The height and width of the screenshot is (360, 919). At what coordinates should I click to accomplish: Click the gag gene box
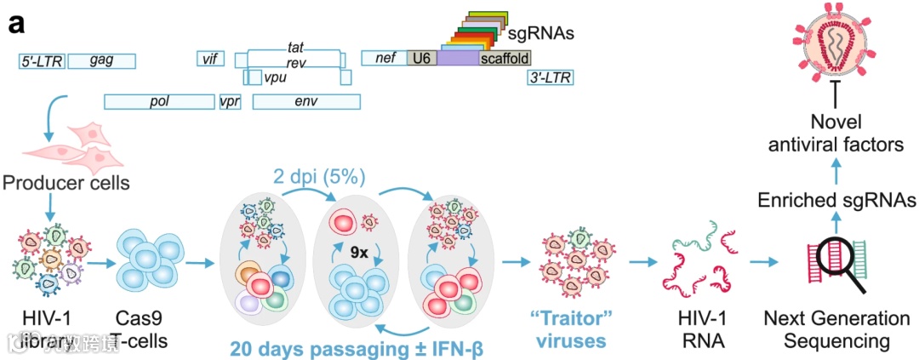101,60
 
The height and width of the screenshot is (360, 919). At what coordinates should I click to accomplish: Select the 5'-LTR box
43,60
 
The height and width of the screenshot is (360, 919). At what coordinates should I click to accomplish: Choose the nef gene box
384,58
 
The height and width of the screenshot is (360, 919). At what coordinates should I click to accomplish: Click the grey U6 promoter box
420,58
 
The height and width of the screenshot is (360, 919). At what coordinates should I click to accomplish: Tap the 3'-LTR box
550,78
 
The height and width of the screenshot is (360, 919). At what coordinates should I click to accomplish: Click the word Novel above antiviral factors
834,123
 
